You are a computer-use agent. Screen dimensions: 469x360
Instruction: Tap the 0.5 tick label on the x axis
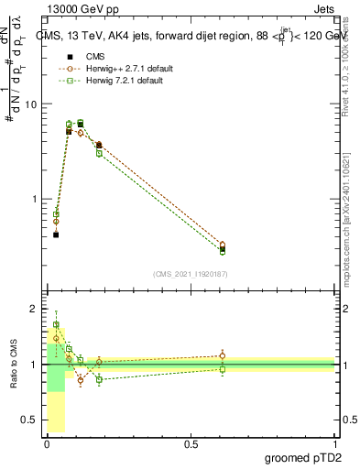pyautogui.click(x=191, y=443)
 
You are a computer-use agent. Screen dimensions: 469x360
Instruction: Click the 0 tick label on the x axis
pyautogui.click(x=47, y=443)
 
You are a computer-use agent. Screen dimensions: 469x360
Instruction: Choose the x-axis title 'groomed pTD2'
pyautogui.click(x=303, y=457)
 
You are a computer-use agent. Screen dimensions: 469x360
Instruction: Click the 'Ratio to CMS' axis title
pyautogui.click(x=14, y=365)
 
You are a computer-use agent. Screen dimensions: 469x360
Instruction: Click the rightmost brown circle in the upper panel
pyautogui.click(x=223, y=245)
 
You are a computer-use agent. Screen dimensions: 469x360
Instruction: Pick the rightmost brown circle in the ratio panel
pyautogui.click(x=223, y=356)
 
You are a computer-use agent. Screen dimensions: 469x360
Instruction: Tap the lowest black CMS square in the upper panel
pyautogui.click(x=56, y=234)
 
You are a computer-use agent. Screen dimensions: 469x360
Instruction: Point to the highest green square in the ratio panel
pyautogui.click(x=56, y=324)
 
